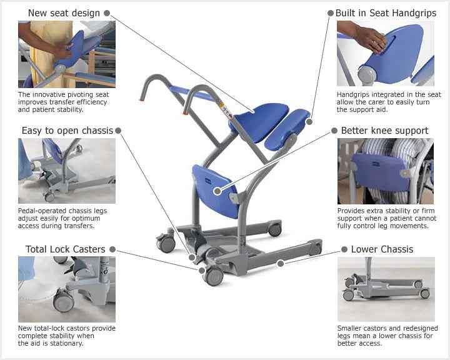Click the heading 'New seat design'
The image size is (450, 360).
64,13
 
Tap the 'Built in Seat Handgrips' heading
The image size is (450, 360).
386,13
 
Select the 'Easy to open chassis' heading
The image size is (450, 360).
67,131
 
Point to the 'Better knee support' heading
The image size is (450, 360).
384,131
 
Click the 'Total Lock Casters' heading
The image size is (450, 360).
66,249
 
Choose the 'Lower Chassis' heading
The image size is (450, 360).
382,249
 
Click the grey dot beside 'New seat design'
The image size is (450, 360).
107,13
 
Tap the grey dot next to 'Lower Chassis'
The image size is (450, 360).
344,249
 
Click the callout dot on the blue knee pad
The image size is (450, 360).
217,191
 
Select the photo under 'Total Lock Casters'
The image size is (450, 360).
67,289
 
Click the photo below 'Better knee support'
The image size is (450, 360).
386,171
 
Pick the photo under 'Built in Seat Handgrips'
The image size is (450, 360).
386,53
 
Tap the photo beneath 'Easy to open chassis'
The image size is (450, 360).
67,171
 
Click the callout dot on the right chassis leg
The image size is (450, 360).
281,263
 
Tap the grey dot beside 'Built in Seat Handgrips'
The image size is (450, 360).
331,13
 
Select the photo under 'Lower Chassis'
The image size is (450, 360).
386,289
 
